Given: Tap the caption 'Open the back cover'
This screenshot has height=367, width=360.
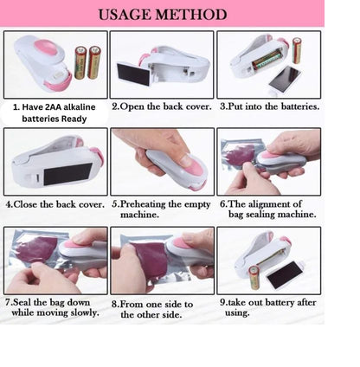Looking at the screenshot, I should (x=161, y=106).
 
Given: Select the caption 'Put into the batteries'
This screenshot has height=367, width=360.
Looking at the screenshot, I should (x=269, y=106).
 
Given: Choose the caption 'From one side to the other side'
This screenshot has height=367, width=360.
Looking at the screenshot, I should (x=162, y=309).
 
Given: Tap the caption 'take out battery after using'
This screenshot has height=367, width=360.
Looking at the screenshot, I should (x=268, y=309).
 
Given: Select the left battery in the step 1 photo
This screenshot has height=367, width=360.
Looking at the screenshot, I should (x=80, y=62).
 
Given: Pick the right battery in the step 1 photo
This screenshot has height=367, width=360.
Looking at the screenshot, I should (x=93, y=62).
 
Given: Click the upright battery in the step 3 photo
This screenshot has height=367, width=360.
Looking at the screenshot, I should (x=297, y=51).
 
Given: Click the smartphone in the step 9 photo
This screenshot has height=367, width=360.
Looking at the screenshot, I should (x=285, y=274).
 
